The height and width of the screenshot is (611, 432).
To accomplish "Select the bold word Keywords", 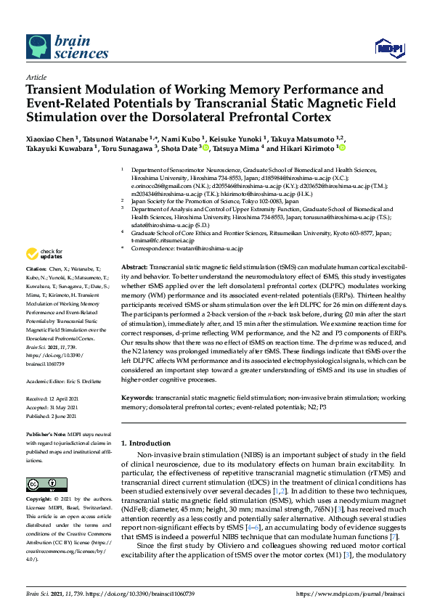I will tap(137, 398).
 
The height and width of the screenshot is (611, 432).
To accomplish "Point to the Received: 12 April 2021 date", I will tap(55, 398).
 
